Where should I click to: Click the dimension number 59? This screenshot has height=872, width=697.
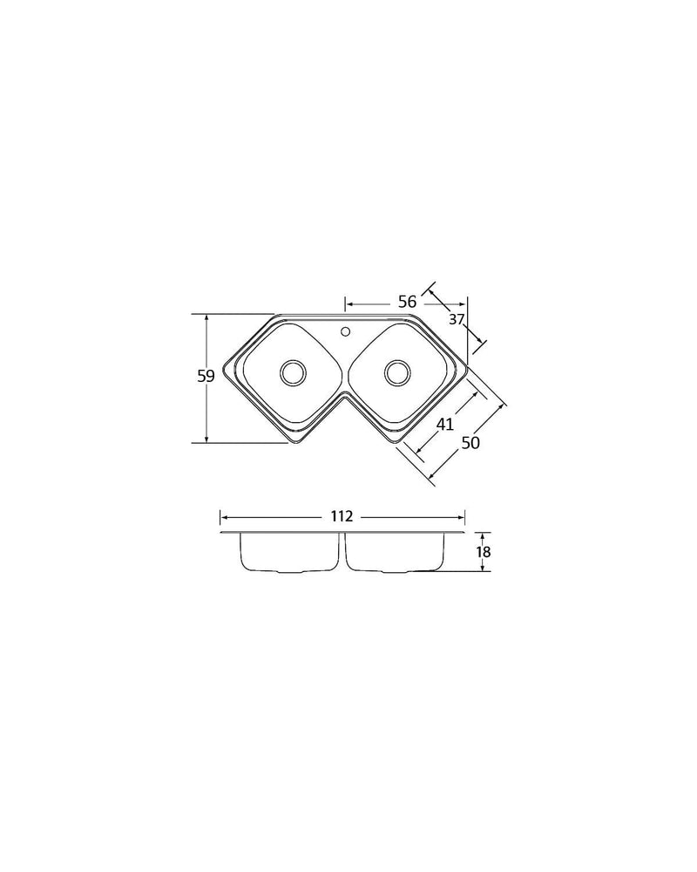pos(206,377)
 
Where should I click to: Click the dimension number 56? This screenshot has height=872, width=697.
pos(407,302)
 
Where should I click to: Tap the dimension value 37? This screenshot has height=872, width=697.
pos(456,319)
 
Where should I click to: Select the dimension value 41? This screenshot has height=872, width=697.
pos(444,424)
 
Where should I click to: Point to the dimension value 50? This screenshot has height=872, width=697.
pos(470,443)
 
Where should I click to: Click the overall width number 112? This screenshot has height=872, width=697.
pos(342,516)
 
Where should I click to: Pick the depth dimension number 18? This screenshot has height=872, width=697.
pos(484,552)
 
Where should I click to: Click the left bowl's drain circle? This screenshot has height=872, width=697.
pos(293,372)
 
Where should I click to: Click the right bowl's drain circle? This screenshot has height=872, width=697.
pos(397,372)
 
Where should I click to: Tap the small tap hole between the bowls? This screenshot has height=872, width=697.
pos(345,332)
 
